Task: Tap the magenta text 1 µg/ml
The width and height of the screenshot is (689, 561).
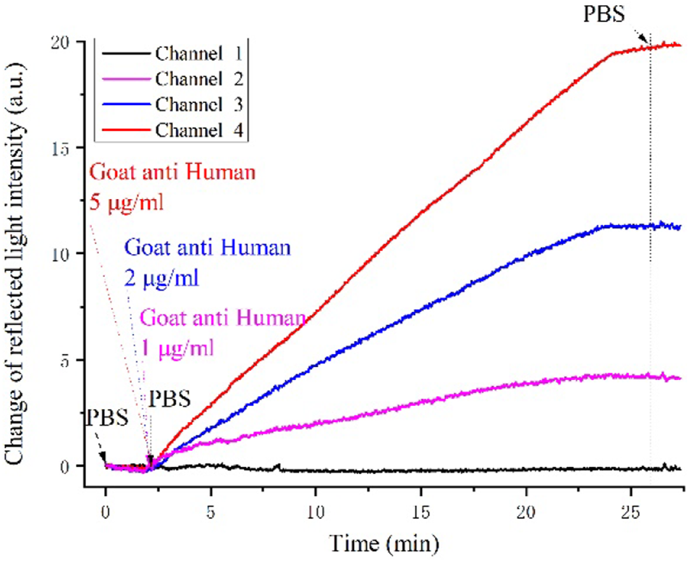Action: [x=178, y=349]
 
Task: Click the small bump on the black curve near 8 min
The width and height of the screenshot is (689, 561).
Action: [x=278, y=466]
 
